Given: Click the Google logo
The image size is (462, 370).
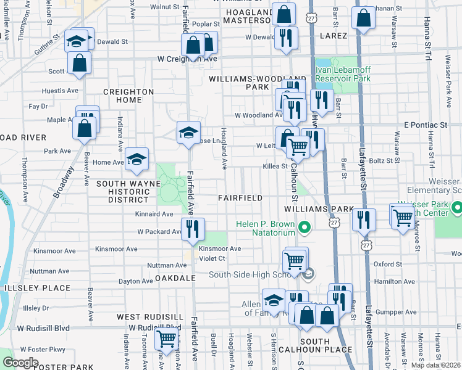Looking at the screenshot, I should [20, 363].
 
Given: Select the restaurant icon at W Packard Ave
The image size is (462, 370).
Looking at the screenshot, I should [193, 229].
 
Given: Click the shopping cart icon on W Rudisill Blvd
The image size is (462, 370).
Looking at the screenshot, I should [166, 339].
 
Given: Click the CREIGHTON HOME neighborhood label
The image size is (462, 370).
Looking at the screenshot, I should [128, 96].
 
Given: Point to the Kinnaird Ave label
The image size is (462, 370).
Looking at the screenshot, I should [154, 214].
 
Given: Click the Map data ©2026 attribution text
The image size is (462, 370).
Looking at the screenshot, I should [435, 365].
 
